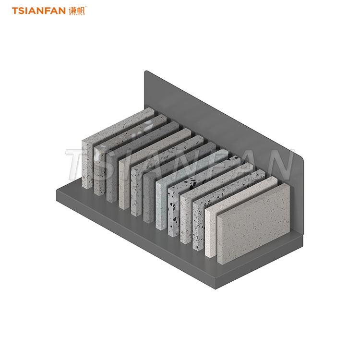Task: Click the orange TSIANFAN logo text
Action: coord(39,11)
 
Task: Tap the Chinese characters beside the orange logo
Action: coord(77,11)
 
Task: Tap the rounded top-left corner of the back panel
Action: coord(146,72)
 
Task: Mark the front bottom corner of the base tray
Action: coord(216,288)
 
